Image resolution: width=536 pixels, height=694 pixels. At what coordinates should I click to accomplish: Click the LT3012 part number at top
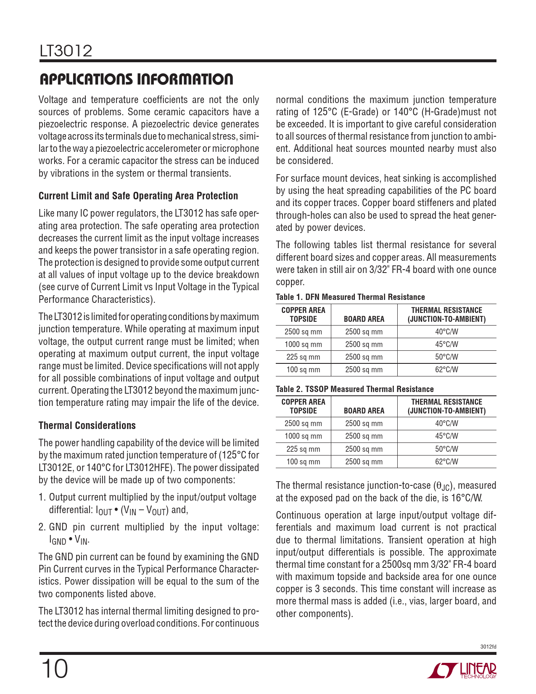66,51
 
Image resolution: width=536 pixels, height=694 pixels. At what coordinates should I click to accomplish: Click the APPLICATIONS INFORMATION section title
136,79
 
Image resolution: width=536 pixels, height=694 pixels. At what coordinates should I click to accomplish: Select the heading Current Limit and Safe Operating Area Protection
138,196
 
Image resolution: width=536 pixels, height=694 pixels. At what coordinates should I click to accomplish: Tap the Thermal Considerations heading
87,426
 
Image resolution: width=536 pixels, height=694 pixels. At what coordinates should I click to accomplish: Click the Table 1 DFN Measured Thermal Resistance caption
350,297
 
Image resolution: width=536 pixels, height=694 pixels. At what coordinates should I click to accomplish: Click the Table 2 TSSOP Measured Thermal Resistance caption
354,389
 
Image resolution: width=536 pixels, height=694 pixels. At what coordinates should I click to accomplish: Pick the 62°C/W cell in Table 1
446,370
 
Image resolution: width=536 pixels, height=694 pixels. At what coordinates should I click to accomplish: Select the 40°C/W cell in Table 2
446,424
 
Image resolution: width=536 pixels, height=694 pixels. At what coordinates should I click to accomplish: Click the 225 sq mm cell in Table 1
303,357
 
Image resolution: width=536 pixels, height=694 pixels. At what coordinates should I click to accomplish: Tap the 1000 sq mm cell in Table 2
303,436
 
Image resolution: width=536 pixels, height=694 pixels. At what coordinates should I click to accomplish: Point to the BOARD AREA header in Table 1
364,319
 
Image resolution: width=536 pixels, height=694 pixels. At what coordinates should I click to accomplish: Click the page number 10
54,669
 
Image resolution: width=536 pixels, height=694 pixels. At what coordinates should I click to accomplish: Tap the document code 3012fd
488,647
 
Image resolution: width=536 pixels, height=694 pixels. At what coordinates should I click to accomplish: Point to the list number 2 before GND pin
42,527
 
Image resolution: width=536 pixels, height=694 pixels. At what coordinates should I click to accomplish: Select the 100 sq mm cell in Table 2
303,461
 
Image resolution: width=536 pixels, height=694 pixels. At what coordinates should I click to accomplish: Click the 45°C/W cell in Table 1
446,344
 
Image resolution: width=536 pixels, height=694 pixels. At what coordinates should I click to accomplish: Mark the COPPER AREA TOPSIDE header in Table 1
303,315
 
